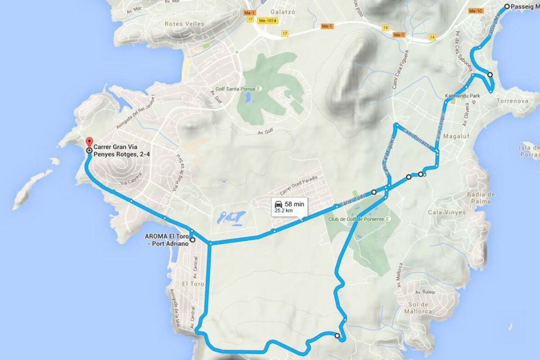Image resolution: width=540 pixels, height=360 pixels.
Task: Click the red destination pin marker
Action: point(89,141)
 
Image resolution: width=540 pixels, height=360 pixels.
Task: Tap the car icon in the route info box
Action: point(279,204)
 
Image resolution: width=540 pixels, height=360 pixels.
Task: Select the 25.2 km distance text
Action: point(284,210)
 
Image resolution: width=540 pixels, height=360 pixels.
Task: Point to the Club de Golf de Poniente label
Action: point(356,219)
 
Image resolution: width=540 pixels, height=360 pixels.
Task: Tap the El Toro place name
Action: point(193,284)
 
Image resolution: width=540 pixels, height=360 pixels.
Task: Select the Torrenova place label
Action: point(512,101)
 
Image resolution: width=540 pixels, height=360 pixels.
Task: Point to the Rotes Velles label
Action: point(184,23)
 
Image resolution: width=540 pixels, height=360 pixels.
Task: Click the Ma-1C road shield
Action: point(476,10)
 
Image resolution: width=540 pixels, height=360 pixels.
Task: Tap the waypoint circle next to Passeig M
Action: point(507,6)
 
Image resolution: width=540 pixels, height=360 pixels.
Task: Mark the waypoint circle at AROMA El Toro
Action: point(193,240)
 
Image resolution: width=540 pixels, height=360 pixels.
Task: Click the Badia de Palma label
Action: point(481,198)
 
